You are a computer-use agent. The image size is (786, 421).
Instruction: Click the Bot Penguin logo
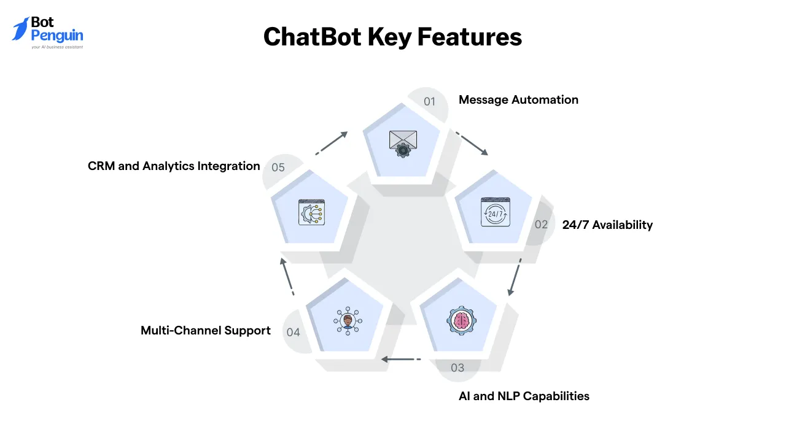click(x=48, y=33)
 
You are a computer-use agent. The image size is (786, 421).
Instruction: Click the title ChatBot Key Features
click(x=392, y=37)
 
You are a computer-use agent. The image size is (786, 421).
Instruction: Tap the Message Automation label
click(x=518, y=99)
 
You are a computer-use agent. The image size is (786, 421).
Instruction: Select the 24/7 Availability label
click(x=607, y=225)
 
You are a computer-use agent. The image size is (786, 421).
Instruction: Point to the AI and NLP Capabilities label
click(x=524, y=396)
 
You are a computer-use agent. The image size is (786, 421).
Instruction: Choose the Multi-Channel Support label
click(x=206, y=330)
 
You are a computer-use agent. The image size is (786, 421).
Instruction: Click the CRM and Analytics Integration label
click(x=174, y=166)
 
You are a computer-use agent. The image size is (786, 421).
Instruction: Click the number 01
click(x=429, y=101)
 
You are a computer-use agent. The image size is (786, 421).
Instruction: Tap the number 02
click(x=541, y=225)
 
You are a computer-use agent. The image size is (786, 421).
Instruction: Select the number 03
click(x=457, y=368)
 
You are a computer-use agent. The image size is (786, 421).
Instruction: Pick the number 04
click(x=293, y=332)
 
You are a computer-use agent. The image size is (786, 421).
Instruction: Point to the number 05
click(x=278, y=167)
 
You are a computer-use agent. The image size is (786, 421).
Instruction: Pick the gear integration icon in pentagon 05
click(x=311, y=212)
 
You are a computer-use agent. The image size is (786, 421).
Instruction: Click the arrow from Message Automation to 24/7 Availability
click(x=471, y=143)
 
